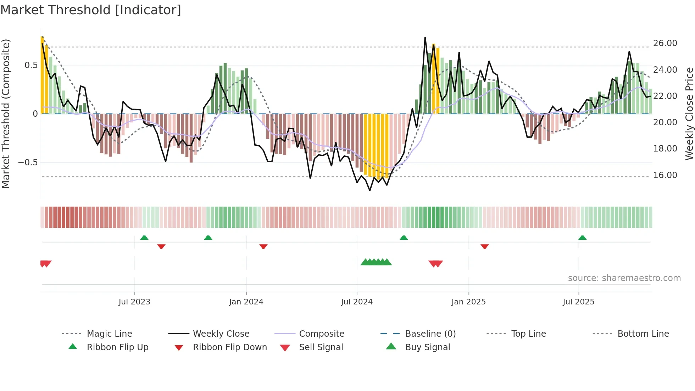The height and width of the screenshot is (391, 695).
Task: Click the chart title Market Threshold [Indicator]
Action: [91, 10]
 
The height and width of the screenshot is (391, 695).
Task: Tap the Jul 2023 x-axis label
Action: [134, 302]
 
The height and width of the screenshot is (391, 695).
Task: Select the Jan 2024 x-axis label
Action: [246, 302]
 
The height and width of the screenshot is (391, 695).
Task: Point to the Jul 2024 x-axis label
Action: [357, 302]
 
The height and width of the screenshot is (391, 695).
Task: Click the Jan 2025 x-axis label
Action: [468, 302]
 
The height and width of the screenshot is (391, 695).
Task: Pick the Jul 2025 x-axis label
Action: [578, 302]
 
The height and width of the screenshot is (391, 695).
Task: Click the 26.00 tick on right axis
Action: [665, 43]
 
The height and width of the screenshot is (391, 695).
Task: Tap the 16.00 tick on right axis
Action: [665, 175]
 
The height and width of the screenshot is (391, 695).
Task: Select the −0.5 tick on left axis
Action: [28, 163]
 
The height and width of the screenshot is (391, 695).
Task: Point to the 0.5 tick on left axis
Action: [31, 65]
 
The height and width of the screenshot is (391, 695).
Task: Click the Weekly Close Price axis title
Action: [689, 114]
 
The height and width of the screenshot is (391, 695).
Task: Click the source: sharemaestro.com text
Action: [624, 278]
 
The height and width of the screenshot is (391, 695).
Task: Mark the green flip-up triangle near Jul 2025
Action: [582, 238]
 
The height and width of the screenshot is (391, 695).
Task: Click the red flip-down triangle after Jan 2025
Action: [485, 246]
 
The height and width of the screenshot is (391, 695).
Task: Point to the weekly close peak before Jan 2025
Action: [425, 38]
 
